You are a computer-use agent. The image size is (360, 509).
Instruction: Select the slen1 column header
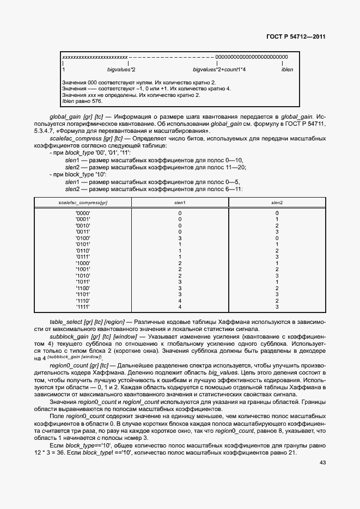click(x=180, y=203)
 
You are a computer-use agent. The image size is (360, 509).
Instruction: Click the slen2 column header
click(x=277, y=203)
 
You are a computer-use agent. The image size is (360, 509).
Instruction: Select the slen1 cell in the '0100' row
click(x=180, y=238)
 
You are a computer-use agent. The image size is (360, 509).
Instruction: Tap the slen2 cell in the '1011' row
click(x=277, y=281)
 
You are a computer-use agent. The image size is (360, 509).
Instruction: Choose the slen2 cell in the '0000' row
click(x=277, y=213)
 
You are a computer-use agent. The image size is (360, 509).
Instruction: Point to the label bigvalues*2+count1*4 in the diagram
click(x=219, y=70)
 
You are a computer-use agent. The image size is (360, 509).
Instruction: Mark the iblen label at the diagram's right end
click(x=287, y=70)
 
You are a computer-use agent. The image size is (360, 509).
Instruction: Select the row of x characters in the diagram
click(x=95, y=57)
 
